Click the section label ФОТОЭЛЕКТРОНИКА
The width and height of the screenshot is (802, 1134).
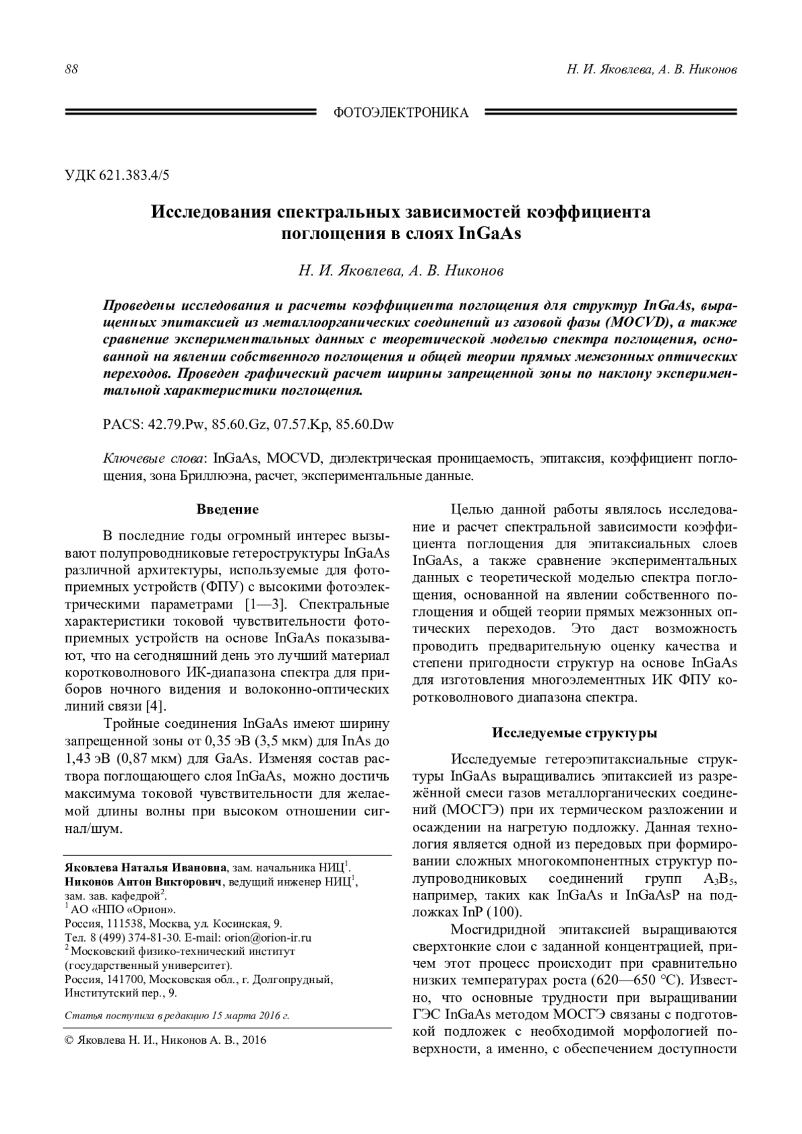tap(401, 113)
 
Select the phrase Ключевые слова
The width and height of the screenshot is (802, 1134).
tap(156, 459)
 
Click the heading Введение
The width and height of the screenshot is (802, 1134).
tap(227, 510)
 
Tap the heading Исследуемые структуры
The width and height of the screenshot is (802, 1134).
tap(575, 733)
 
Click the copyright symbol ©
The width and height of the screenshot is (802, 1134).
tap(69, 1040)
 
